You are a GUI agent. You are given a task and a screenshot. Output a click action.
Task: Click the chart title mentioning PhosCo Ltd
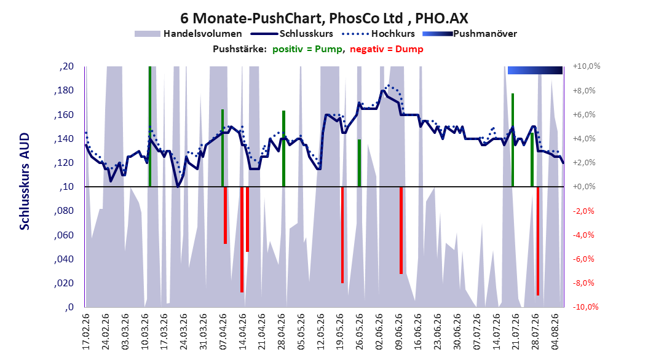tap(324, 18)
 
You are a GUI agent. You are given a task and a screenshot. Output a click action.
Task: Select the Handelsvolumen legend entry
tap(189, 34)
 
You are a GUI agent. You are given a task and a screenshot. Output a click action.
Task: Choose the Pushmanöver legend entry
tap(470, 34)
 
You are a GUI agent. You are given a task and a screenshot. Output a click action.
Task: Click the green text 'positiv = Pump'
tap(307, 49)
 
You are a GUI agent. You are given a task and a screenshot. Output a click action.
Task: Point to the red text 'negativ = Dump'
tap(387, 49)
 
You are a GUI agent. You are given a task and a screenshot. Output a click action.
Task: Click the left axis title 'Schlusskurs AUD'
tap(25, 181)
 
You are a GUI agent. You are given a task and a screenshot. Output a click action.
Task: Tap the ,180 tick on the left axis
tap(64, 90)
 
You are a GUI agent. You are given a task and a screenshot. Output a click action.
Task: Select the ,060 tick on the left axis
tap(64, 235)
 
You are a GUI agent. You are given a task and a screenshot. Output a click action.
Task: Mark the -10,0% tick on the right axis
tap(585, 307)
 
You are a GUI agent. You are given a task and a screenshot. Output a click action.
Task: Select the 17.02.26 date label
tap(86, 332)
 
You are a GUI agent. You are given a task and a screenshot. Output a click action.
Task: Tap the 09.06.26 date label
tap(399, 332)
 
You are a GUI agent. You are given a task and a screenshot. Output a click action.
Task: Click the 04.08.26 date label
tap(555, 332)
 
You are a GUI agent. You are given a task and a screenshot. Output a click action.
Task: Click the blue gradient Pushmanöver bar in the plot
tap(535, 70)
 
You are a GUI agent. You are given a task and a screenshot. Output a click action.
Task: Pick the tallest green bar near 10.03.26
tap(149, 127)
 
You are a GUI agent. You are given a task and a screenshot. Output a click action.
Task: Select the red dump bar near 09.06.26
tap(401, 230)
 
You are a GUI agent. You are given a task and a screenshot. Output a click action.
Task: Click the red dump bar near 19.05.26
tap(342, 235)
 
